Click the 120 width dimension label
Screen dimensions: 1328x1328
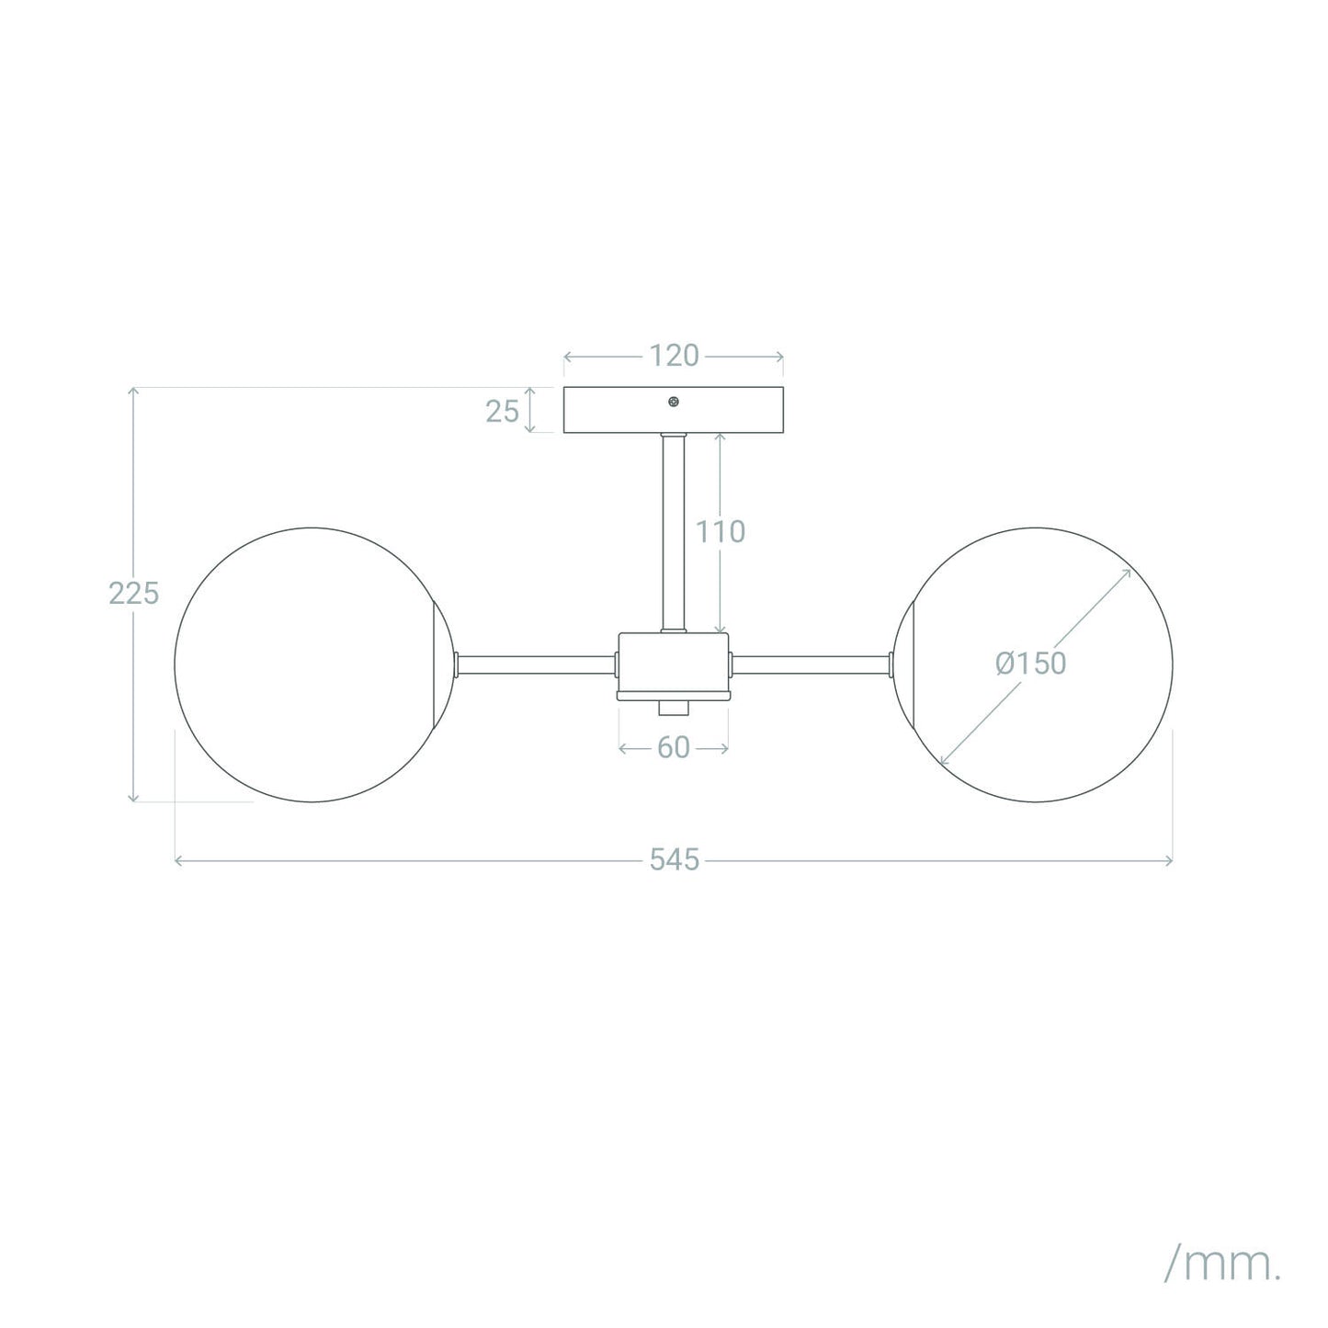pos(674,356)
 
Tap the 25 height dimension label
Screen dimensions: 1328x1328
pos(502,412)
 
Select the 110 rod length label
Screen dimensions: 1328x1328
pos(721,531)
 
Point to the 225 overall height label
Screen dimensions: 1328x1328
pos(133,593)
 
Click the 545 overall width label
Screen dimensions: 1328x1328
pos(674,860)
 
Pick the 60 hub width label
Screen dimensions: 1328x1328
pos(674,748)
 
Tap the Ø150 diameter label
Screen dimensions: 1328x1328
pos(1030,663)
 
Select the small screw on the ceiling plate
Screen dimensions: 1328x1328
pos(674,402)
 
